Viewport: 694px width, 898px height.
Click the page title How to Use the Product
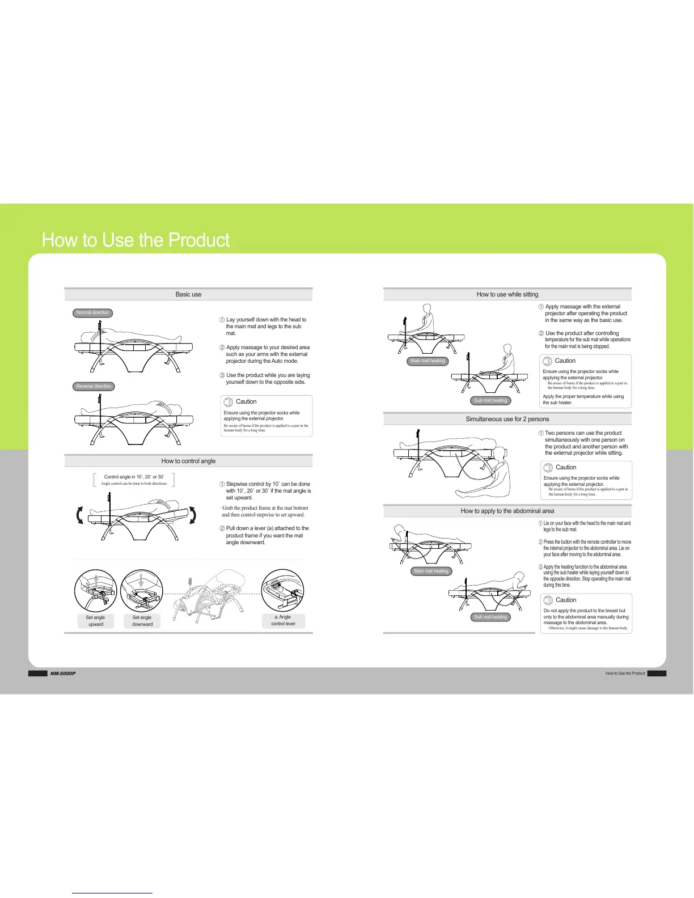[136, 240]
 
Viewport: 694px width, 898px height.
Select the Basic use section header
[188, 294]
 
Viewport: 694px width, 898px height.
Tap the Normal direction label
[92, 313]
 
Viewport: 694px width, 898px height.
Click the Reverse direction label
[94, 386]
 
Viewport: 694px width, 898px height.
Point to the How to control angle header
[188, 461]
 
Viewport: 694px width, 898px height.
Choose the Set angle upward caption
[95, 621]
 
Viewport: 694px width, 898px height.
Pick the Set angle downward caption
[142, 621]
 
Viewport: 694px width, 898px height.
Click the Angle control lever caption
[283, 620]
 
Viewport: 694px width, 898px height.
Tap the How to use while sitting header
[507, 294]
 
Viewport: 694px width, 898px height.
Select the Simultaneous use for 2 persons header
[507, 419]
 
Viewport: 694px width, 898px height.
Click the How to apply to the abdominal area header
[507, 511]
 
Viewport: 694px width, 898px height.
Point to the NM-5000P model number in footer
[62, 673]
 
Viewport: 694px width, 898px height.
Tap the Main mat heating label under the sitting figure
[428, 361]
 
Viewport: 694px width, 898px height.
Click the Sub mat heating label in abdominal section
[490, 617]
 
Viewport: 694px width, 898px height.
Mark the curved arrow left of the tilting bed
[80, 515]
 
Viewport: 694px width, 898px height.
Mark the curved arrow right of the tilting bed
[193, 515]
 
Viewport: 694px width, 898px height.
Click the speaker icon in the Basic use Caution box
[228, 402]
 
